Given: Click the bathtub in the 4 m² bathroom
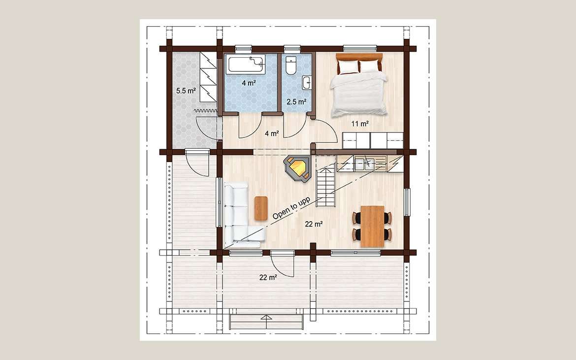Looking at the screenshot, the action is tap(246, 65).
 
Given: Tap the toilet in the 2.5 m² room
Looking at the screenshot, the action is tap(291, 65).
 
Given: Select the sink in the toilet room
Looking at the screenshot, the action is tap(307, 83).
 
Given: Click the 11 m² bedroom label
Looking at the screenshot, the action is tap(360, 124).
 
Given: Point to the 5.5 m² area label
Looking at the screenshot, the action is tap(186, 91).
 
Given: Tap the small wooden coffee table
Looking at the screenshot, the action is tap(261, 208).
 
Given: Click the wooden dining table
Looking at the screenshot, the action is tap(372, 226).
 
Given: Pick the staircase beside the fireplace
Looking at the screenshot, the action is tap(326, 186).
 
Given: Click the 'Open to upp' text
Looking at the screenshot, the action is tap(291, 208).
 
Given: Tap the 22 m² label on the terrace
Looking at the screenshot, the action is tap(268, 278).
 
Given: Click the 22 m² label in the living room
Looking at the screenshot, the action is tap(314, 224).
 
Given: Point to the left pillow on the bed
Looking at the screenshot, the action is tap(348, 66).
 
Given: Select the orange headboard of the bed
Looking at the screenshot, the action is tap(359, 57).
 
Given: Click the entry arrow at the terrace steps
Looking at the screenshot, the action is tap(266, 317).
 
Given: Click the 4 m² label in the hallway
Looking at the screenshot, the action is tap(272, 134).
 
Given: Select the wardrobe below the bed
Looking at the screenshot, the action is tap(373, 140).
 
